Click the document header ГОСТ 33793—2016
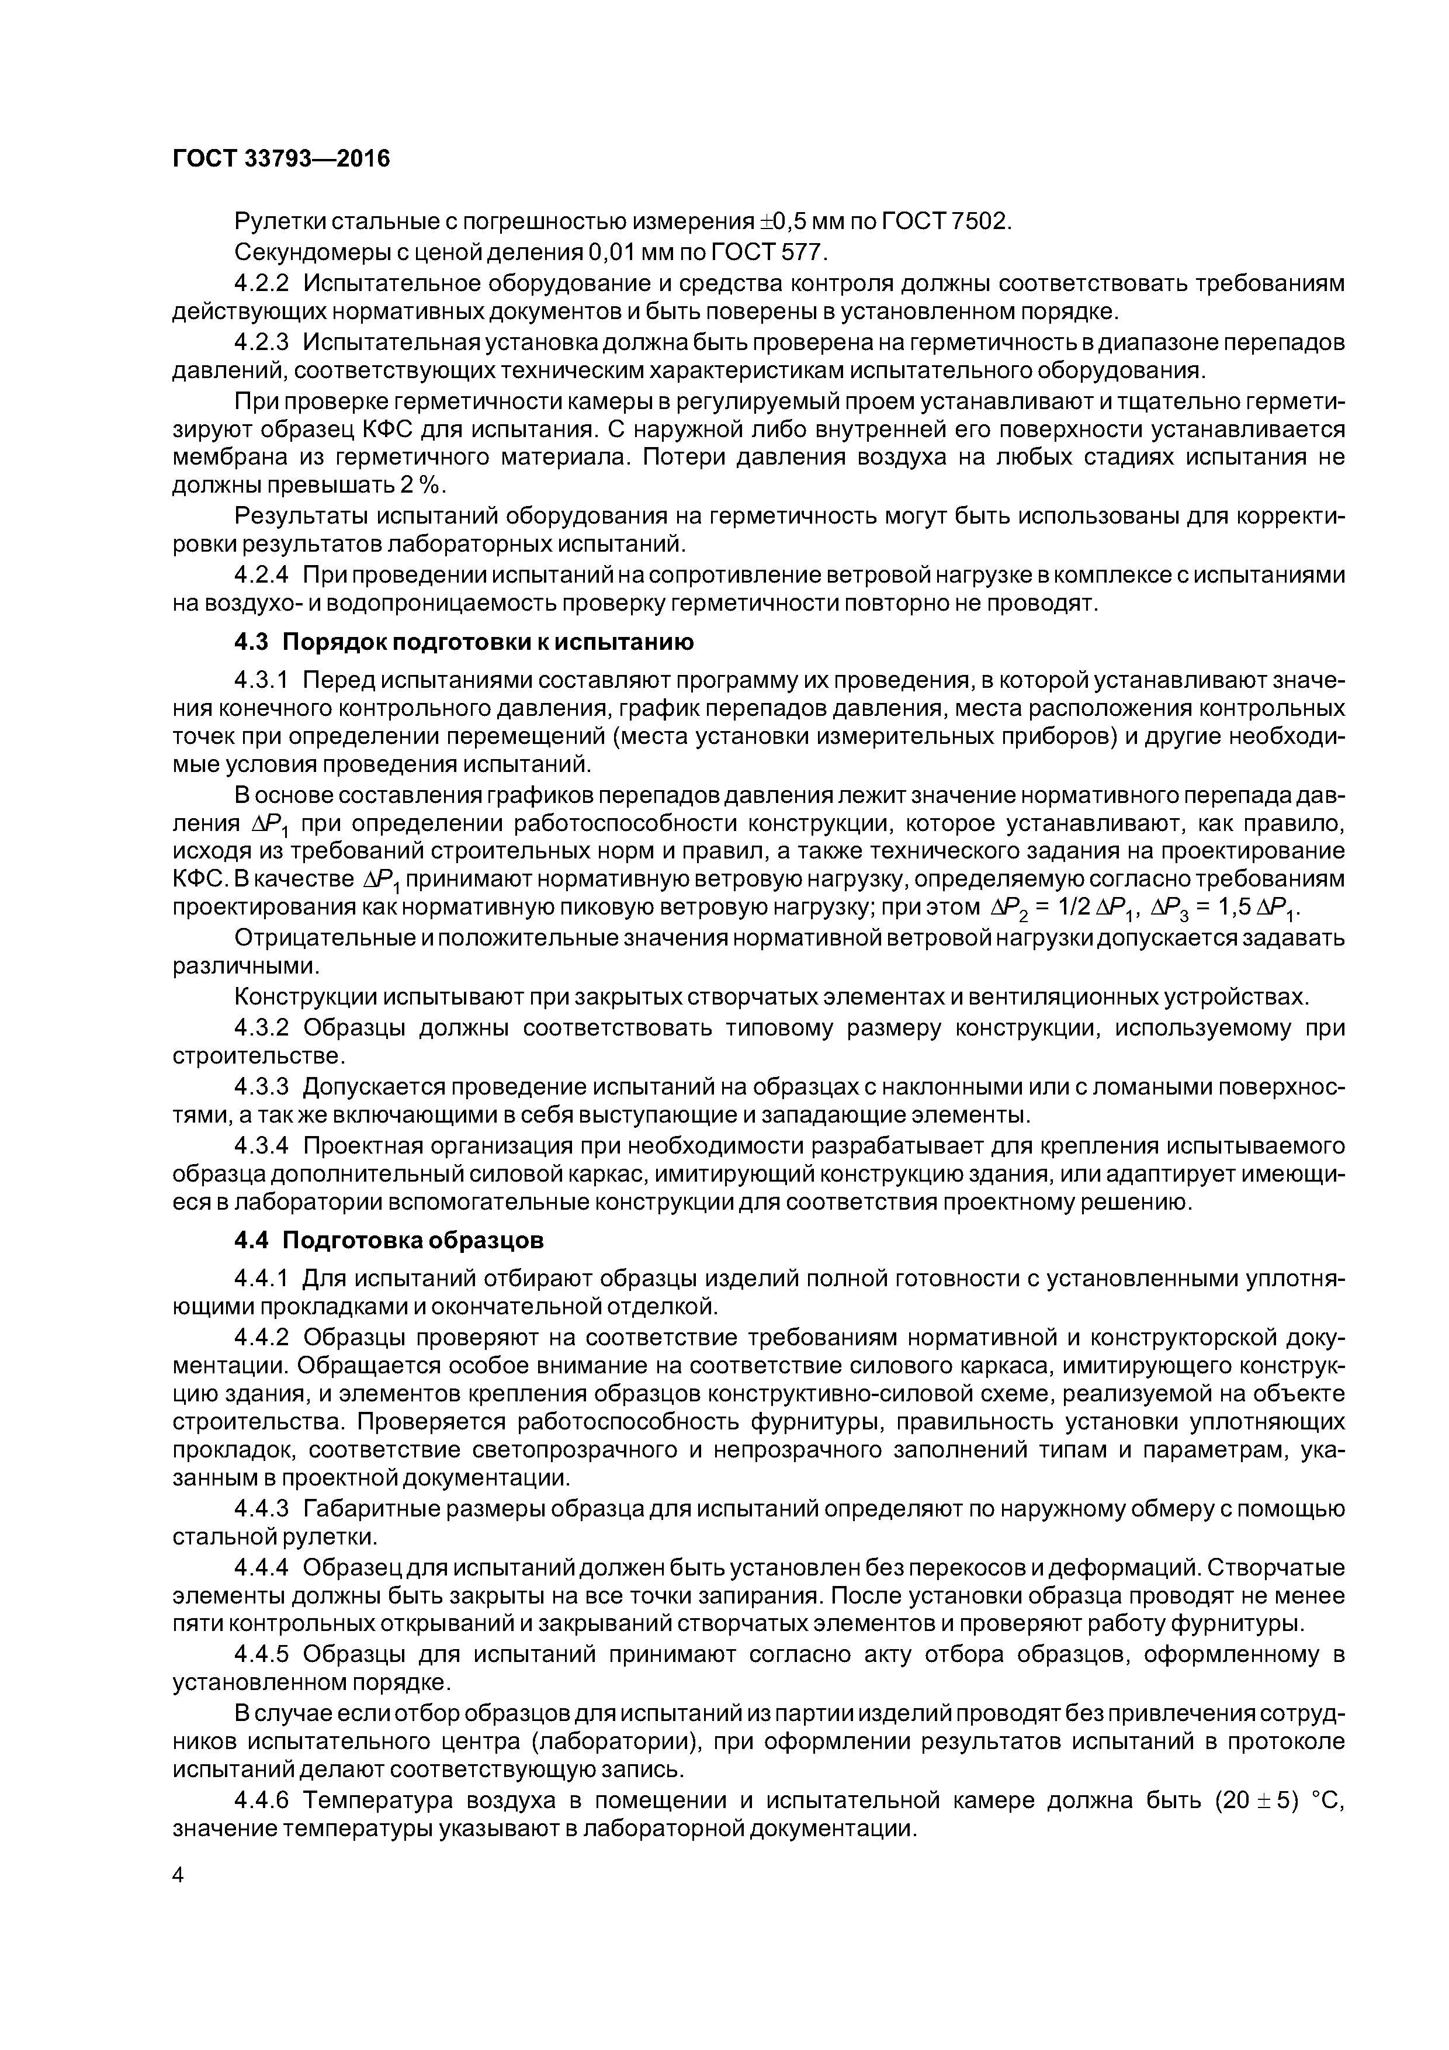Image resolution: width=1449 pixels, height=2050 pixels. pyautogui.click(x=281, y=159)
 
